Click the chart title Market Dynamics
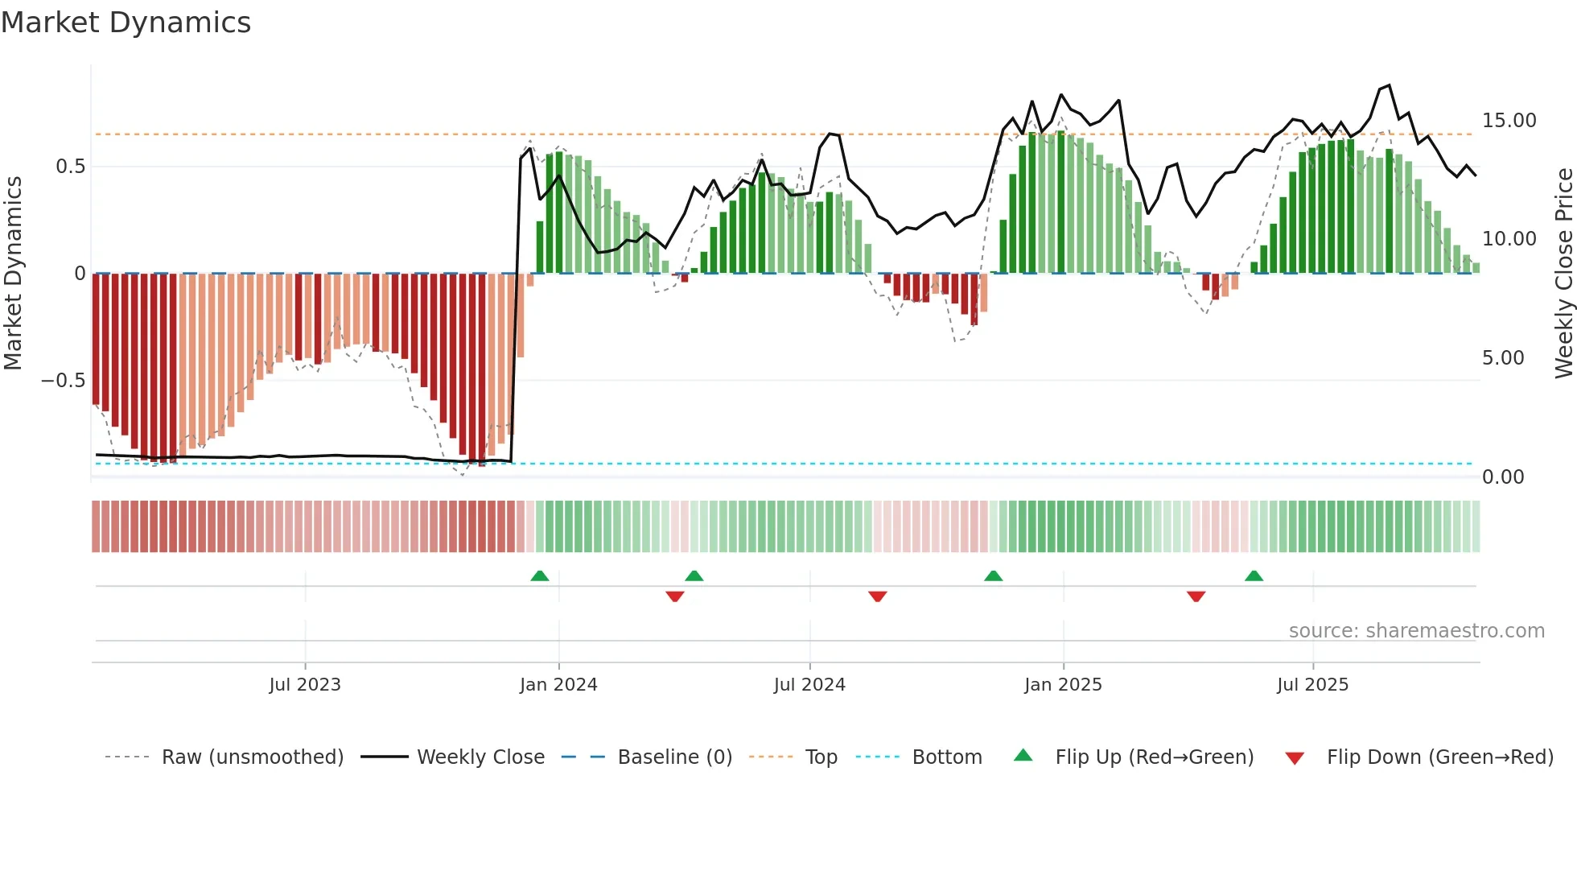click(126, 23)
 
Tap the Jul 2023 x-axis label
click(305, 685)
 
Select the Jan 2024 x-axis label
click(558, 685)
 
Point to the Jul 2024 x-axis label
click(809, 685)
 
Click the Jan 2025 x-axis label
click(1063, 685)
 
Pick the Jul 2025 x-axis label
click(1312, 685)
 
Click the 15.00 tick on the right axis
click(1509, 121)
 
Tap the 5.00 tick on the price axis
click(1503, 358)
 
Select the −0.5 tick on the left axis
click(64, 381)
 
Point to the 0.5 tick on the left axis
click(70, 167)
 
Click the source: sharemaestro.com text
click(1416, 631)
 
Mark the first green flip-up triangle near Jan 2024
click(540, 576)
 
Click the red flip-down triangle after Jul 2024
click(877, 596)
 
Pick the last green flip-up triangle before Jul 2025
click(1254, 576)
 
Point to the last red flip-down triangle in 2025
click(1196, 596)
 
